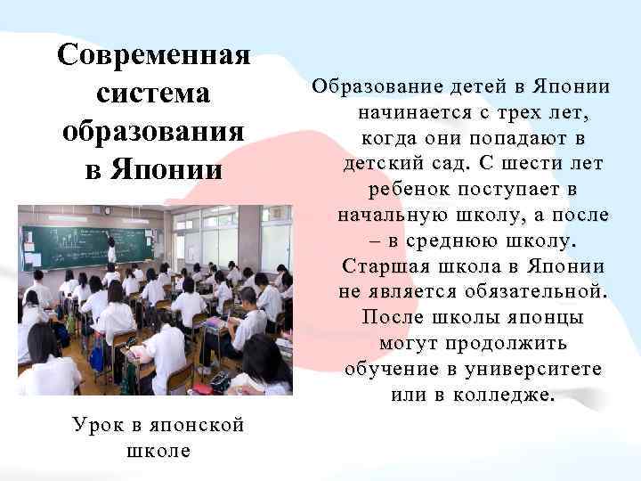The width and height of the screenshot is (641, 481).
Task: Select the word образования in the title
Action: [153, 129]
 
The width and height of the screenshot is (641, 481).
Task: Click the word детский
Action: [386, 165]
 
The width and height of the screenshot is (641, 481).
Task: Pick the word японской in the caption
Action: [185, 424]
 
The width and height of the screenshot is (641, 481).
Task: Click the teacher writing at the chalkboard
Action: [111, 249]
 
